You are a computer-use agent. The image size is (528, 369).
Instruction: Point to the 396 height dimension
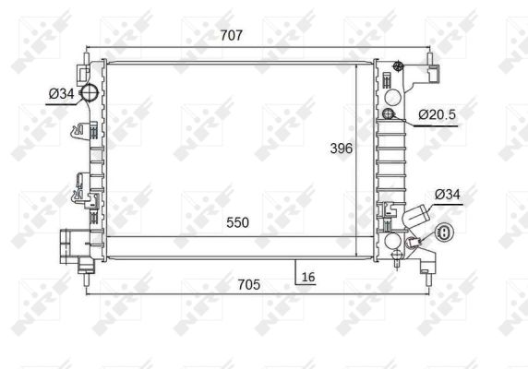[x=342, y=149]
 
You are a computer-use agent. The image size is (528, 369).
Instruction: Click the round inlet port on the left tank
[x=90, y=92]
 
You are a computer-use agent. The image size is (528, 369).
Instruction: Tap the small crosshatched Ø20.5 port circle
[x=389, y=114]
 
